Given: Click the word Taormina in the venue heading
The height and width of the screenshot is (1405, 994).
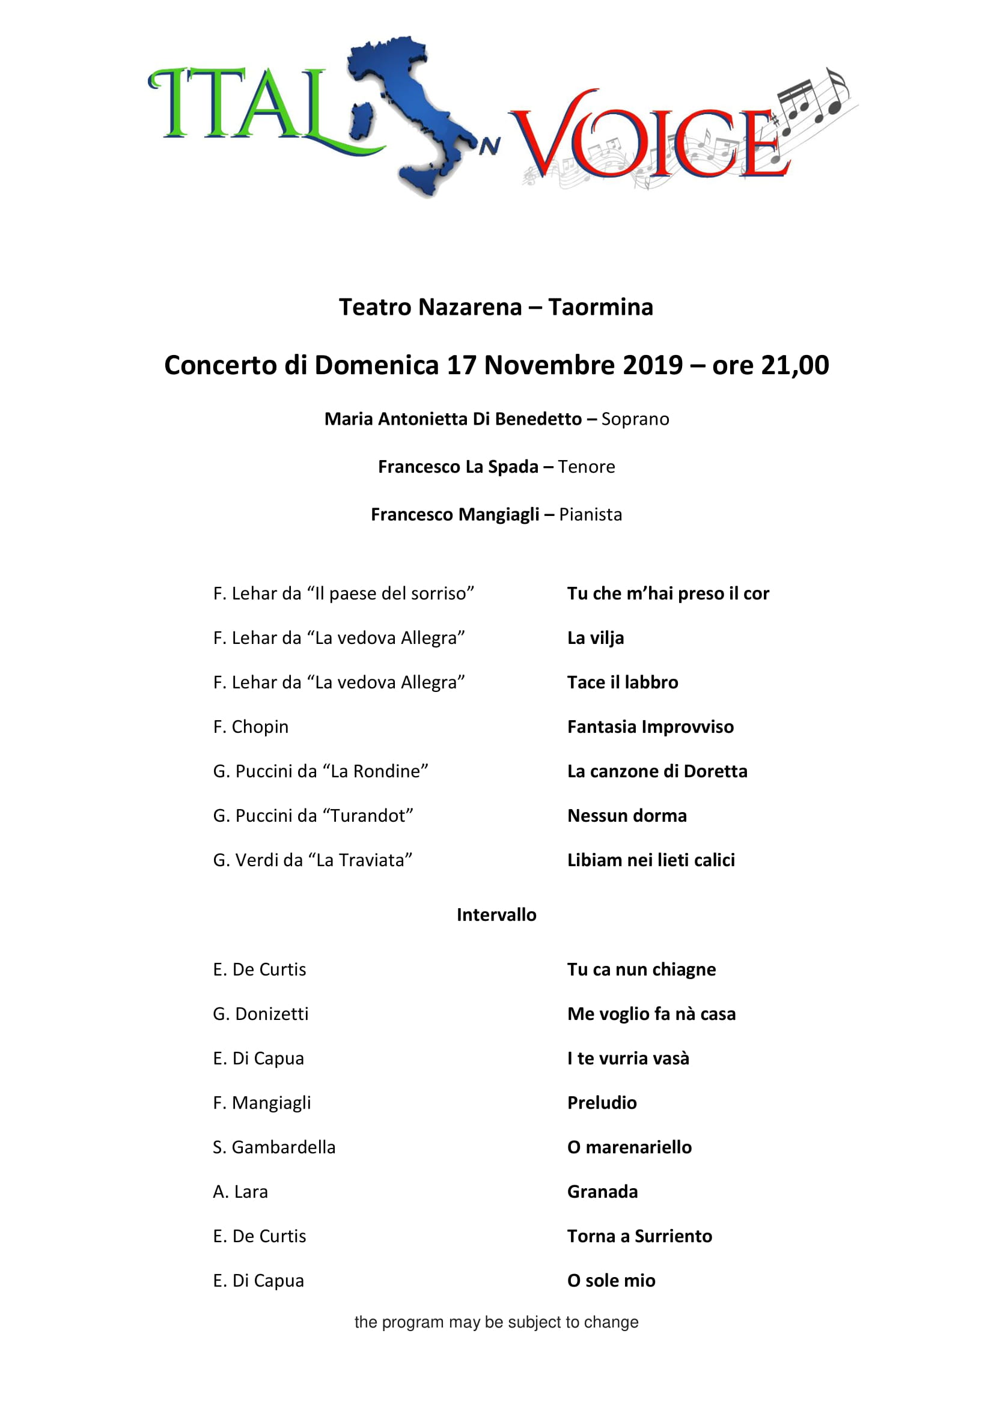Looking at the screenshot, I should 600,307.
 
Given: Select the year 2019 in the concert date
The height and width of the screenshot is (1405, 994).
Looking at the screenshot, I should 652,365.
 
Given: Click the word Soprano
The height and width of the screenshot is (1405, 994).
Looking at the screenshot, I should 635,419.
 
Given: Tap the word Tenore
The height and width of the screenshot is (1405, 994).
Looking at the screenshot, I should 587,467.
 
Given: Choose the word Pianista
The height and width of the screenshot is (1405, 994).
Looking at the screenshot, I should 590,515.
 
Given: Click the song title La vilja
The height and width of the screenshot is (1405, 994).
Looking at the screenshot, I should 596,639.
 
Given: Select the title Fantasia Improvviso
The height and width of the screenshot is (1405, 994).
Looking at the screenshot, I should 650,727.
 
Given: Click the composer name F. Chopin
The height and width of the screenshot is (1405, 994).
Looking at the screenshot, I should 251,727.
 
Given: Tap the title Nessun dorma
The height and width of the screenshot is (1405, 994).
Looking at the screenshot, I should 627,816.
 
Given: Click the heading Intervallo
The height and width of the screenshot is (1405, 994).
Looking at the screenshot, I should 496,915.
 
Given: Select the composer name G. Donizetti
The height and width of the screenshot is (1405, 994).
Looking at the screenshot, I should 261,1014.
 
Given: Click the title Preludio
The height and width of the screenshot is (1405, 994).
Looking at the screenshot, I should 602,1103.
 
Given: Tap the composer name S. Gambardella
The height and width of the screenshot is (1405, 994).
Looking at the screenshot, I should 274,1147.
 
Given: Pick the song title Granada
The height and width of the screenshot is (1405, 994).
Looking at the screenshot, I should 602,1192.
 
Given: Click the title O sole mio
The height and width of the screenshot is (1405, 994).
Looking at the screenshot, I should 611,1281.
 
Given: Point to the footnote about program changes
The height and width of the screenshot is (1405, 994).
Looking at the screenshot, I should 496,1322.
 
